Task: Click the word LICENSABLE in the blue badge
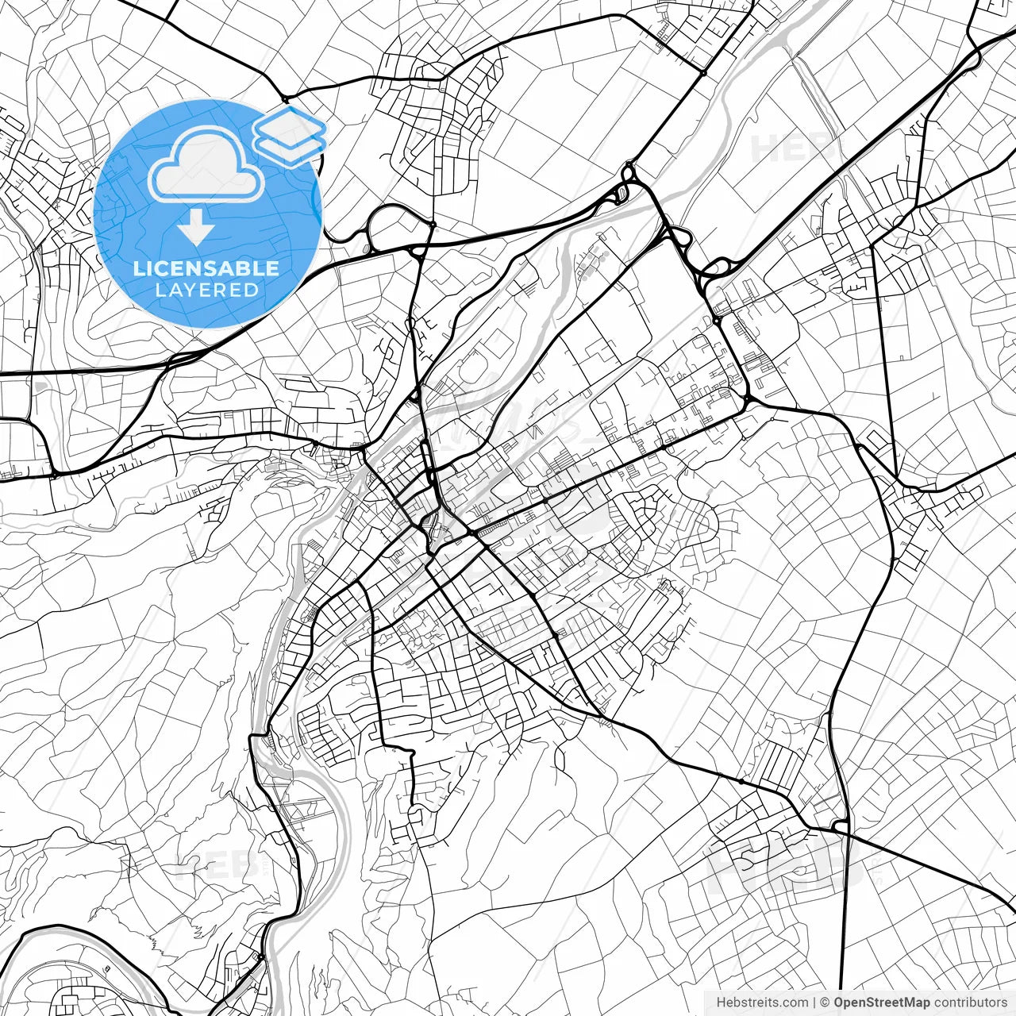click(206, 268)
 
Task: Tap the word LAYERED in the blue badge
click(206, 290)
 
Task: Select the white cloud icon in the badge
click(206, 165)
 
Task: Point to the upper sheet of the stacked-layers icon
click(290, 125)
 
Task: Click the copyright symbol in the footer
click(825, 1003)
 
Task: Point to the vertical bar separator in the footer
click(815, 1003)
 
